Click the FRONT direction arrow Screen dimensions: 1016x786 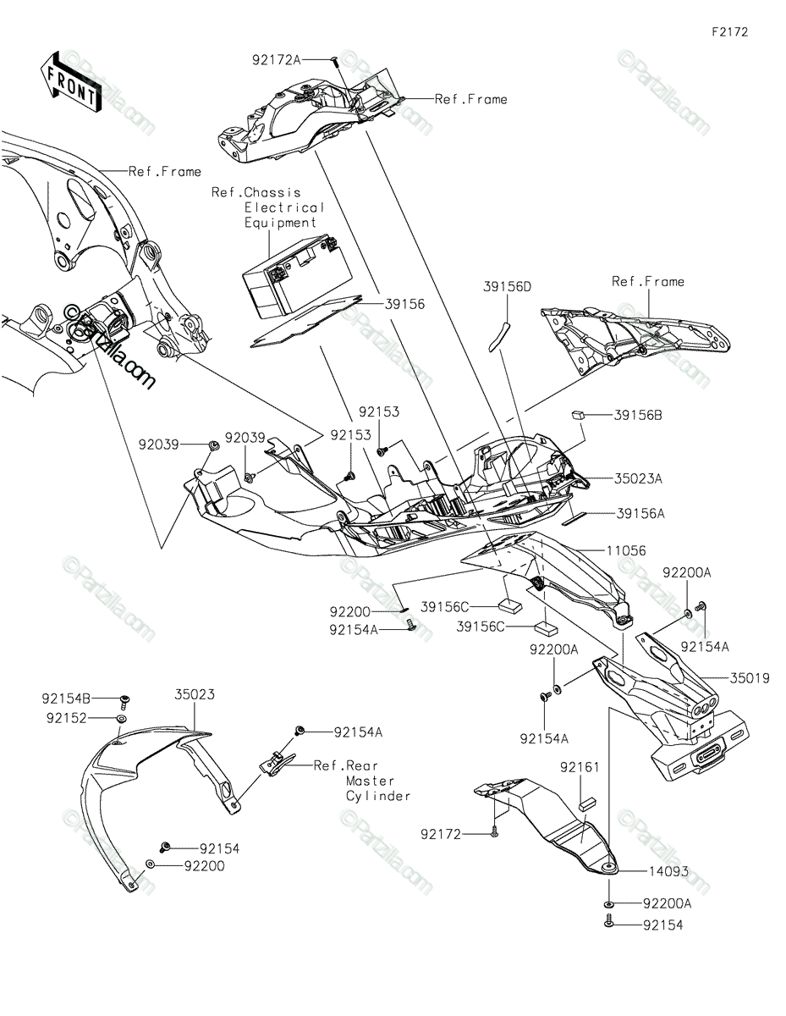(71, 81)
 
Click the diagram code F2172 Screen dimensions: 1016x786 (729, 32)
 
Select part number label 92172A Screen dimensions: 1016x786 (276, 60)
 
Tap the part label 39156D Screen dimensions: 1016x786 (508, 287)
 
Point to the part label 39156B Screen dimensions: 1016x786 (638, 415)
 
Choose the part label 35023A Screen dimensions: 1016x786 (639, 478)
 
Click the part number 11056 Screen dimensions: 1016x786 (625, 550)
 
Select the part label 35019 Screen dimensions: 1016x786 (750, 678)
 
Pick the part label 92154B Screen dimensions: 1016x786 (64, 698)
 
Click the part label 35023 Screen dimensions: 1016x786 (195, 694)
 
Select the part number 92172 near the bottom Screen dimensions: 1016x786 (441, 834)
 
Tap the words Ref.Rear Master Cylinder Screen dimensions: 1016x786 (362, 781)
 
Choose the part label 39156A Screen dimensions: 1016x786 (640, 513)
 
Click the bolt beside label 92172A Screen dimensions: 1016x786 (335, 60)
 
